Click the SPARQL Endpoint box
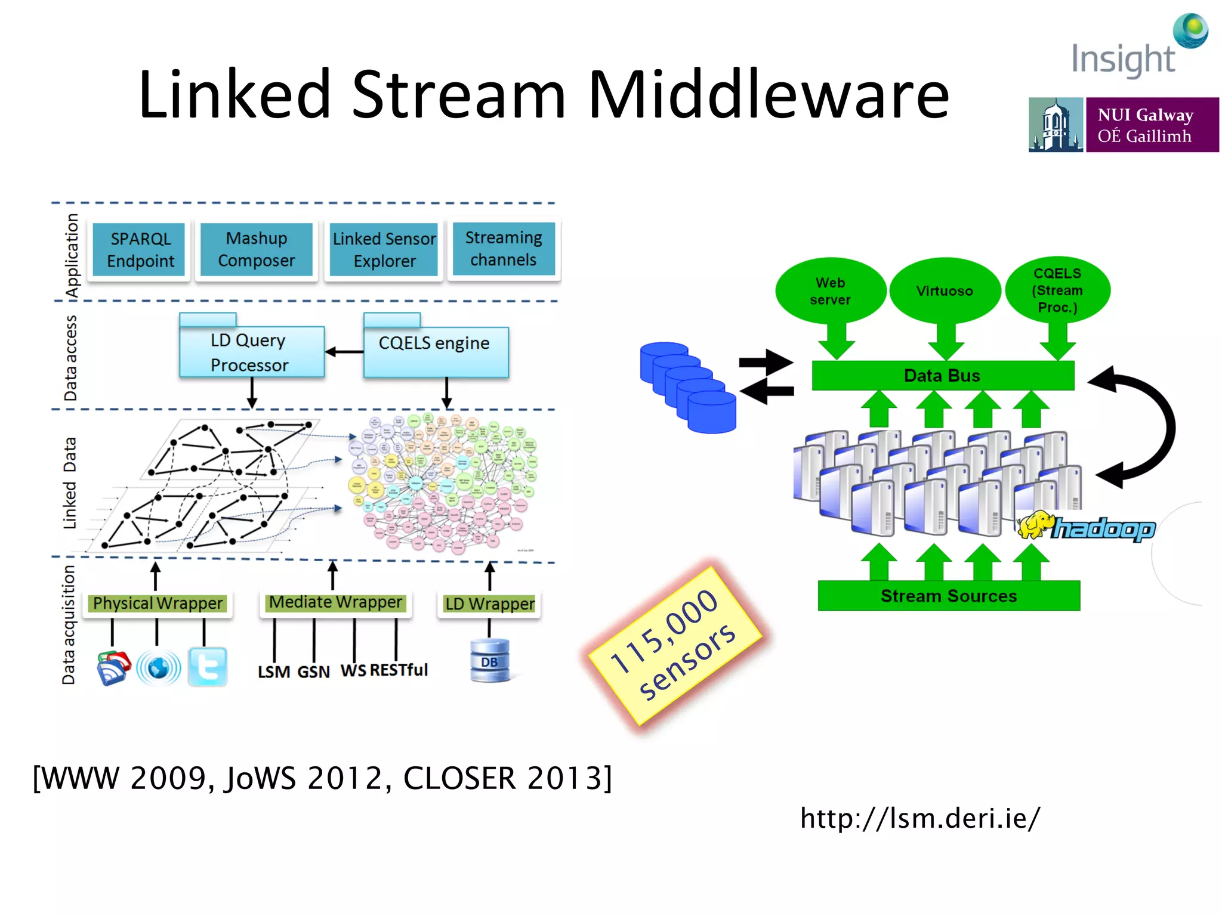(140, 250)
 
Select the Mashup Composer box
(257, 249)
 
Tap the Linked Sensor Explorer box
(384, 250)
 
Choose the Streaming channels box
(504, 249)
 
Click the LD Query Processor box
(251, 352)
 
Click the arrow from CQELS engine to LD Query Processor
(344, 352)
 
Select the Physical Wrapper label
(158, 604)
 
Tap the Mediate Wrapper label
(336, 602)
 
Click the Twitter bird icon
(208, 667)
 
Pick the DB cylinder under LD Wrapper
(489, 661)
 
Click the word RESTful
(399, 670)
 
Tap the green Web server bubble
(830, 291)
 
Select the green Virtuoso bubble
(945, 291)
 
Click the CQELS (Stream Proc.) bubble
(1057, 290)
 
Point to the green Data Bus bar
(942, 376)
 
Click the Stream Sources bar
(949, 596)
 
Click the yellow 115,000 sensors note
(674, 645)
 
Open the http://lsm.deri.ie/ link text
(920, 818)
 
